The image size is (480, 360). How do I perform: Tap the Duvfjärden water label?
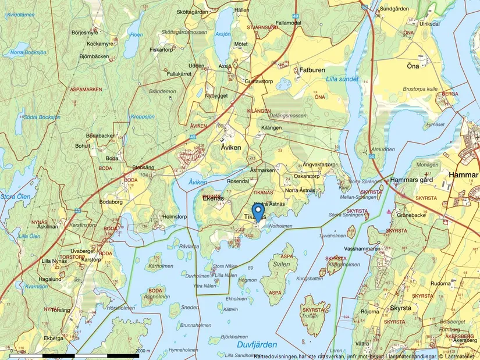click(257, 344)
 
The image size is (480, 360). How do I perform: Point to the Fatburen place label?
click(312, 70)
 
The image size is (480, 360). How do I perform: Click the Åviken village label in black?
click(234, 148)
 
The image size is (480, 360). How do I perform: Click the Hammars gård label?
click(412, 180)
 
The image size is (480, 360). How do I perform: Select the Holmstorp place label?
click(173, 217)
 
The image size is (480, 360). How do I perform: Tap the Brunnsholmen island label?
click(196, 325)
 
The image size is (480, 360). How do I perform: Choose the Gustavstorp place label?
click(259, 81)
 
